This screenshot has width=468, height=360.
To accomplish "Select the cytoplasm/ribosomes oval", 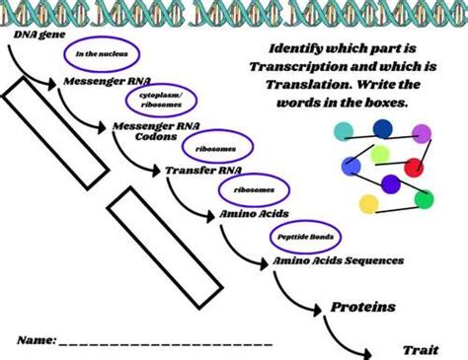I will (x=154, y=101).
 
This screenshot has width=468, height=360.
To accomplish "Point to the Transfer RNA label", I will (x=202, y=170).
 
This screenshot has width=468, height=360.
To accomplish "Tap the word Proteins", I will (x=362, y=307).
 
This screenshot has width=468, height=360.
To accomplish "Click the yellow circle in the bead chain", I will (x=368, y=203).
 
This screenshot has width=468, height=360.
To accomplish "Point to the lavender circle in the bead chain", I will (x=423, y=132).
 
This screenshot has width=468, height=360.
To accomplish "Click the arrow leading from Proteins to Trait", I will (x=351, y=335).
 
